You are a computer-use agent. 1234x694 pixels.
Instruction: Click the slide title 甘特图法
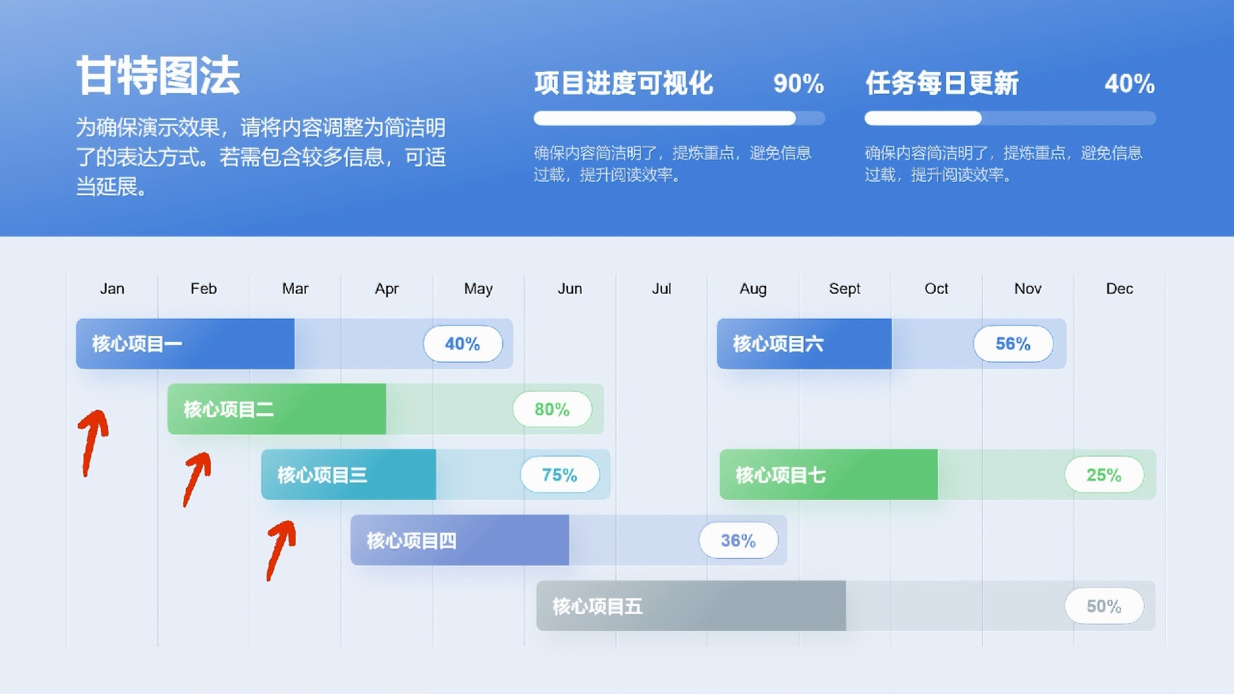click(x=158, y=76)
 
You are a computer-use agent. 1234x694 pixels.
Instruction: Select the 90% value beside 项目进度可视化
click(x=798, y=84)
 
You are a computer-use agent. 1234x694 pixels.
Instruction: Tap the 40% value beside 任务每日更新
click(x=1129, y=84)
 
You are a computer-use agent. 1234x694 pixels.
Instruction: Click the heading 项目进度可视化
click(x=623, y=84)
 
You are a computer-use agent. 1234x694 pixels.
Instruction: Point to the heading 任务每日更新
click(x=942, y=84)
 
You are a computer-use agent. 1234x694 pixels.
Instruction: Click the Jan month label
click(x=112, y=289)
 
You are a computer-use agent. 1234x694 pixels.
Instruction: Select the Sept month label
click(x=845, y=289)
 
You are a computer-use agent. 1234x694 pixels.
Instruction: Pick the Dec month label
click(x=1119, y=289)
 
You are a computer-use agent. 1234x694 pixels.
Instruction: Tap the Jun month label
click(x=569, y=289)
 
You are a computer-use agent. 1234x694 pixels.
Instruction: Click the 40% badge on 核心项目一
click(x=463, y=344)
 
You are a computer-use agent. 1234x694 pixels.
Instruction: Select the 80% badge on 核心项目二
click(x=552, y=409)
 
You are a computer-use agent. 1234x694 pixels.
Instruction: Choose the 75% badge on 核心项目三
click(x=560, y=475)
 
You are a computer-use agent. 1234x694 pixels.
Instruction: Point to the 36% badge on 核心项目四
click(x=738, y=540)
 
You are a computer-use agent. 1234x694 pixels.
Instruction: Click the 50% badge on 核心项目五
click(x=1104, y=606)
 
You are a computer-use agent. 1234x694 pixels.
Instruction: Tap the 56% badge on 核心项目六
click(x=1014, y=344)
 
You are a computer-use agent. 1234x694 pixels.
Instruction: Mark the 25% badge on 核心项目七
click(x=1104, y=475)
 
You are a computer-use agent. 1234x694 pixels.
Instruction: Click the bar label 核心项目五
click(x=597, y=606)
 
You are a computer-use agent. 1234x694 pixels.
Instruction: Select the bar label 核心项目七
click(x=780, y=475)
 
